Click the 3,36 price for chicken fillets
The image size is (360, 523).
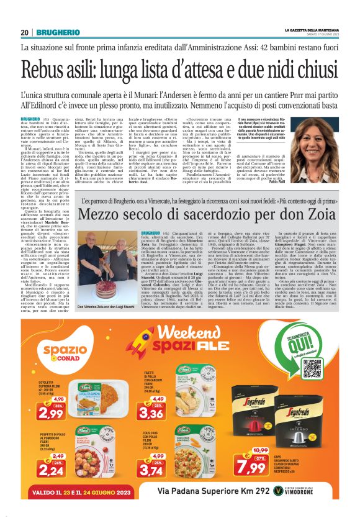[x=151, y=411]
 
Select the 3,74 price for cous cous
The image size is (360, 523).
[x=151, y=471]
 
